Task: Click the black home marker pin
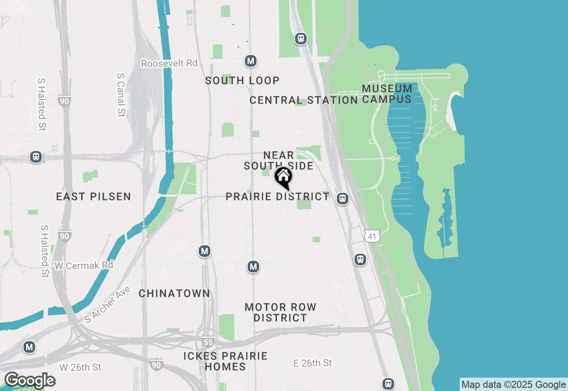[x=283, y=177]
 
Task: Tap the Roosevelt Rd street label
[x=169, y=64]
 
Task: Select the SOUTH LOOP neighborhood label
[x=242, y=80]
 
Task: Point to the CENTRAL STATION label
[x=304, y=100]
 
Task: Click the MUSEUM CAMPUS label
[x=387, y=94]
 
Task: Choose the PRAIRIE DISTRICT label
[x=277, y=196]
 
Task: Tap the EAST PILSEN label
[x=94, y=196]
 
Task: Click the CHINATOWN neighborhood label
[x=174, y=293]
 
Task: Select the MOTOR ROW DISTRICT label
[x=280, y=312]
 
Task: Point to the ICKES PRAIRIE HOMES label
[x=226, y=361]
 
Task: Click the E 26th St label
[x=313, y=363]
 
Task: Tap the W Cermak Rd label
[x=84, y=265]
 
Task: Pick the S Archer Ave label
[x=107, y=304]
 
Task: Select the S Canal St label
[x=120, y=95]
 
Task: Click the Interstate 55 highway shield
[x=208, y=342]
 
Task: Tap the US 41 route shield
[x=372, y=236]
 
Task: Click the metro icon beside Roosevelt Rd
[x=251, y=61]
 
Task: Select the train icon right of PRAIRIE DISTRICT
[x=342, y=199]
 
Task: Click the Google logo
[x=30, y=381]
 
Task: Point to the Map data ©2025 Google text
[x=513, y=385]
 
